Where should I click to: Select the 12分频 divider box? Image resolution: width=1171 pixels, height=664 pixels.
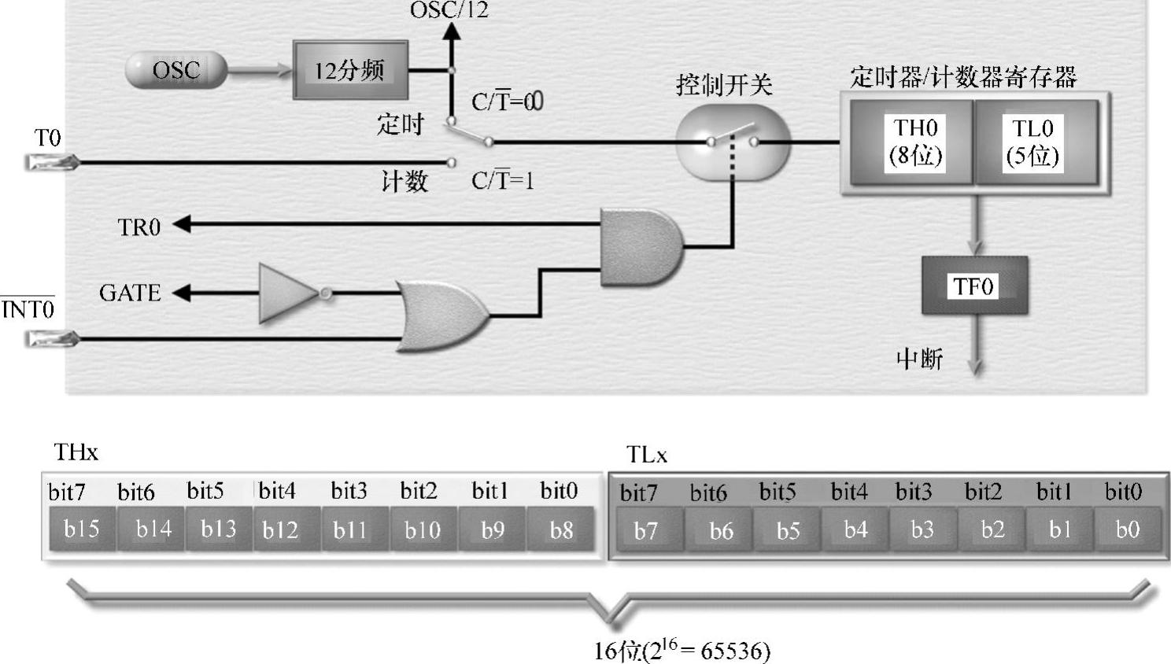click(350, 70)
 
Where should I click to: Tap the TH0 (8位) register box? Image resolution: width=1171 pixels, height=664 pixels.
click(914, 142)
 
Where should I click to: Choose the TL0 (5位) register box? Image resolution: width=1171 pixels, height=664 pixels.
click(1032, 142)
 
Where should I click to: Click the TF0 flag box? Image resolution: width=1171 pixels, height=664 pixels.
click(973, 286)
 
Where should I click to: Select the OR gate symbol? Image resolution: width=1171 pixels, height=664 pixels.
click(441, 315)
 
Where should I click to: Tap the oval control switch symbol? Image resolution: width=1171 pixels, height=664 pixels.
click(733, 142)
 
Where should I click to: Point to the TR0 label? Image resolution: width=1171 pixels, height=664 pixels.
click(139, 227)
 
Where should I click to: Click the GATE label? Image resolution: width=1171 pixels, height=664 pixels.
click(130, 293)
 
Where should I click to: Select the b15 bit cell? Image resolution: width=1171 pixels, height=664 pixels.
click(82, 529)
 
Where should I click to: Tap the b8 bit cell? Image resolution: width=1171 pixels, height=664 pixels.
click(561, 530)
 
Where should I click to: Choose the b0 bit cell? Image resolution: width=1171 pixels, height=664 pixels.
click(1127, 529)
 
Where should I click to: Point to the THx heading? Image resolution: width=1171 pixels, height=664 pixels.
click(76, 452)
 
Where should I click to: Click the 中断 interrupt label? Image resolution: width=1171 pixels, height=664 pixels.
click(919, 360)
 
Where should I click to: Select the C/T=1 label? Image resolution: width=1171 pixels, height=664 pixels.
click(502, 182)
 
